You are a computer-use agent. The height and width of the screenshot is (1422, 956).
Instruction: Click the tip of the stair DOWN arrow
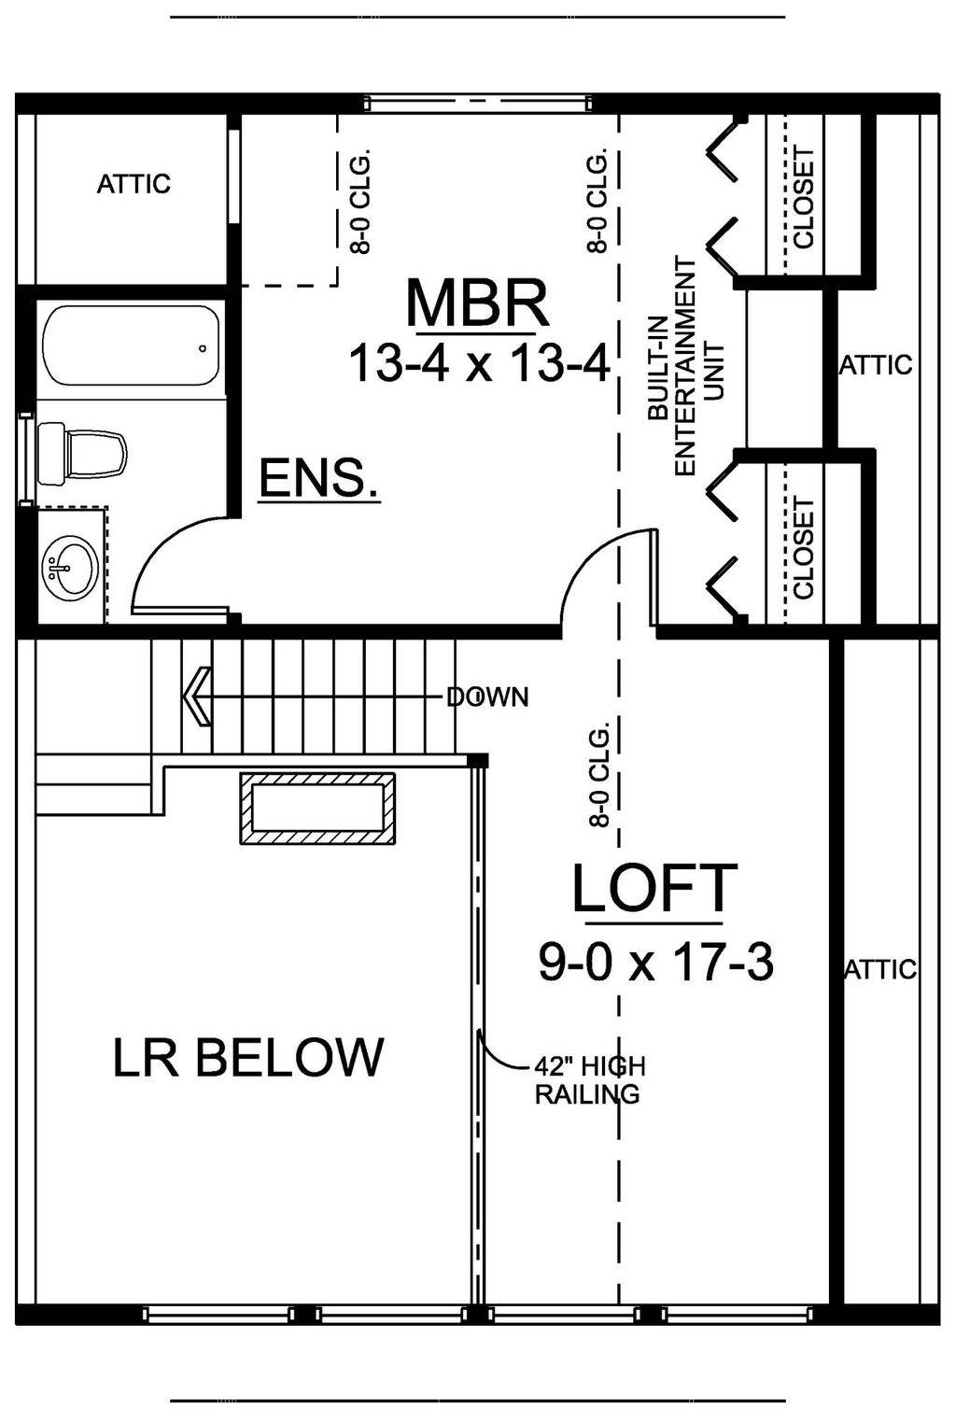tap(184, 697)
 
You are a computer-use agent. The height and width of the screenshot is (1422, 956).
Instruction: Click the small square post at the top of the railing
tap(477, 761)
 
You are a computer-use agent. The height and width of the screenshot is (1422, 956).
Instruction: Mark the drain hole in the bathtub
tap(203, 348)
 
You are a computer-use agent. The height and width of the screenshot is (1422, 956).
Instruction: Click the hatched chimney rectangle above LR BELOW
tap(317, 809)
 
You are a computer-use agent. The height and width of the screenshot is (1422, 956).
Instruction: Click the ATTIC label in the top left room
tap(134, 184)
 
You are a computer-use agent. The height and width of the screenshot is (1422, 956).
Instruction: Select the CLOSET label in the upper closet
tap(803, 198)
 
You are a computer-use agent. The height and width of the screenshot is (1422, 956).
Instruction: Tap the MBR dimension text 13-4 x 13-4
tap(479, 364)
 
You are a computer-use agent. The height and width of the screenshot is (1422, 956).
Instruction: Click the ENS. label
tap(318, 479)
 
